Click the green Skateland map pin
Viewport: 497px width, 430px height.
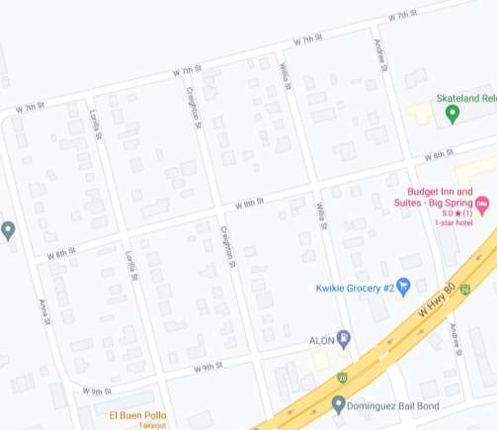pos(453,114)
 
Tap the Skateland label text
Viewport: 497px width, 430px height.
pos(466,99)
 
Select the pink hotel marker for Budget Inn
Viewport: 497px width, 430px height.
pos(482,205)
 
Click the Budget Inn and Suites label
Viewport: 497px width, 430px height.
pos(441,197)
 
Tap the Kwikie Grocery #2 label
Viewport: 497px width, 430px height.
pos(355,288)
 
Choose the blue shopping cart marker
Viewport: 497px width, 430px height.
pos(403,286)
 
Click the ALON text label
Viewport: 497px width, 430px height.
pos(322,340)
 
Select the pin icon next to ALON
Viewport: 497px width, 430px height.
pos(344,339)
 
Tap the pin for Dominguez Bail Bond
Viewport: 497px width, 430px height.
pos(339,403)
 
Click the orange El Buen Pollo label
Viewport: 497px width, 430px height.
pos(138,414)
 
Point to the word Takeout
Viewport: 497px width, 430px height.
pos(152,425)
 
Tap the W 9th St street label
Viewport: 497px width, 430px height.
pos(97,391)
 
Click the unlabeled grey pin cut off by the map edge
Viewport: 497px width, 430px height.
pos(7,231)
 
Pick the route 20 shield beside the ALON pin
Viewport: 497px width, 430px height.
pos(342,377)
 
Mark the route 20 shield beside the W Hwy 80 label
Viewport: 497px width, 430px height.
pos(464,287)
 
